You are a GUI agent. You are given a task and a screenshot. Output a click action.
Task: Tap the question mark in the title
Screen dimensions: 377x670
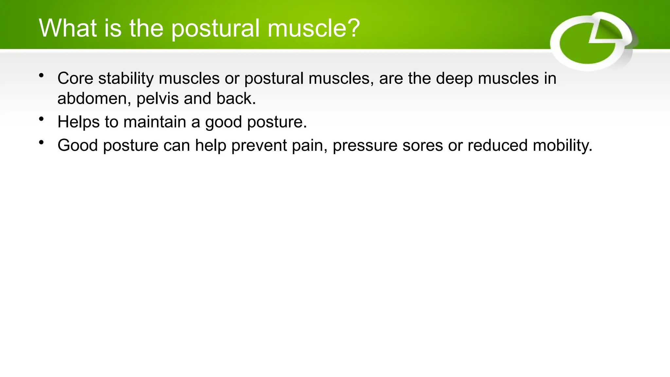[352, 28]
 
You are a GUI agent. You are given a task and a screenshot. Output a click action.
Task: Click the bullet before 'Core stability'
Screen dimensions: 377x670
[41, 76]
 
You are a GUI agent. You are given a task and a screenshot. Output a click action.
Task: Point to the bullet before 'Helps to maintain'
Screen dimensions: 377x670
[41, 119]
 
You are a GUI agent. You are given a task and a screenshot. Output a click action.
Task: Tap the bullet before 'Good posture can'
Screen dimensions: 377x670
[41, 142]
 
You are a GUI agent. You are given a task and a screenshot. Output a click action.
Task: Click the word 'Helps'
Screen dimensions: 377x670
[79, 122]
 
